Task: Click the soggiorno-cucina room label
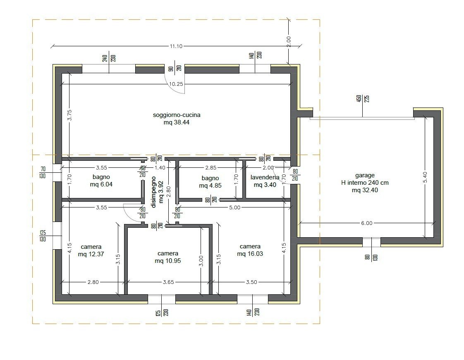tap(176, 115)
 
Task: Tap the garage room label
tap(365, 175)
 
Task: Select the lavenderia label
tap(265, 177)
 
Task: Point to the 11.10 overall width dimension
tap(176, 46)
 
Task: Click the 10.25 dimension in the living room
tap(176, 84)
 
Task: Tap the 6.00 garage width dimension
tap(367, 223)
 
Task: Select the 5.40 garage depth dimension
tap(425, 177)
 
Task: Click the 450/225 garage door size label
tap(363, 98)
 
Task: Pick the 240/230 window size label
tap(109, 58)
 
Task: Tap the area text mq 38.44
tap(176, 122)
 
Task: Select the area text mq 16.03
tap(250, 253)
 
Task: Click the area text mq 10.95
tap(168, 261)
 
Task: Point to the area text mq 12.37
tap(91, 254)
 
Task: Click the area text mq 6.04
tap(101, 184)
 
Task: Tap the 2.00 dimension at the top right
tap(289, 42)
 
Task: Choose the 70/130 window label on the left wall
tap(43, 172)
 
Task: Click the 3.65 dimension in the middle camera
tap(168, 282)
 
